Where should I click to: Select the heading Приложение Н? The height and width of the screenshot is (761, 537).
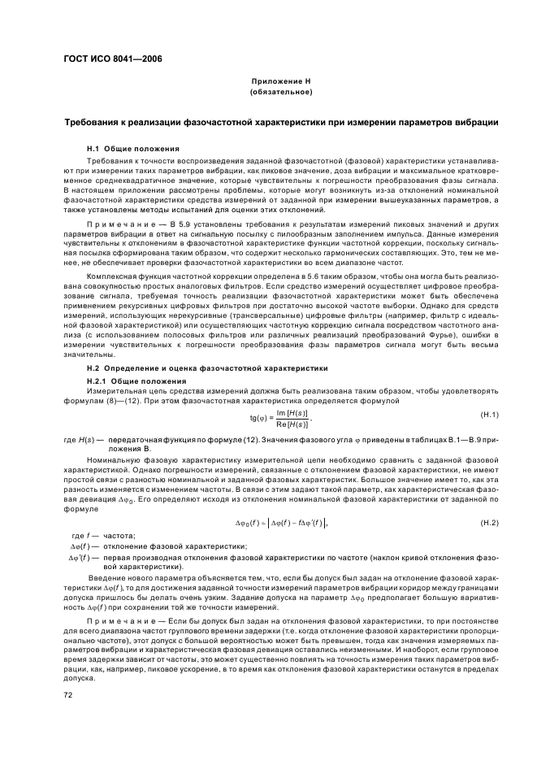tap(281, 82)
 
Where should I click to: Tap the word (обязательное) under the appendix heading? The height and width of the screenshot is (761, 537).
tap(281, 93)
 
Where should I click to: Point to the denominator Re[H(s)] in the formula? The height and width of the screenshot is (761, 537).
tap(290, 424)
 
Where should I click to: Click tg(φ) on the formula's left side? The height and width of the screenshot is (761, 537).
tap(259, 419)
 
